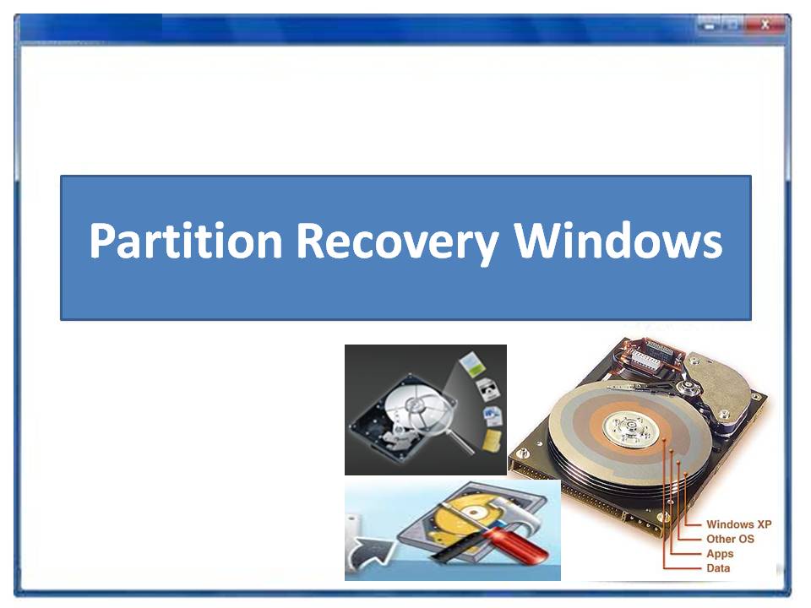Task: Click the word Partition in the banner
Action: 186,241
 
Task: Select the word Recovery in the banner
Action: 398,243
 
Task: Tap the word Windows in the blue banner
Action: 618,241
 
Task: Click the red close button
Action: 765,24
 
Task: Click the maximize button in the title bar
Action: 732,24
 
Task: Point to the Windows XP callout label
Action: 738,524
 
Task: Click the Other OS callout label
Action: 730,539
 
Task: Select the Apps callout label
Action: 720,554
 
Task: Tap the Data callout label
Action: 718,568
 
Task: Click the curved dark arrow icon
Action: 371,556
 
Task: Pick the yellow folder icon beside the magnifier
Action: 491,440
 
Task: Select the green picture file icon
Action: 471,363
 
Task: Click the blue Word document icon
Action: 492,415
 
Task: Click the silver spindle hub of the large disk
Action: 631,426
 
